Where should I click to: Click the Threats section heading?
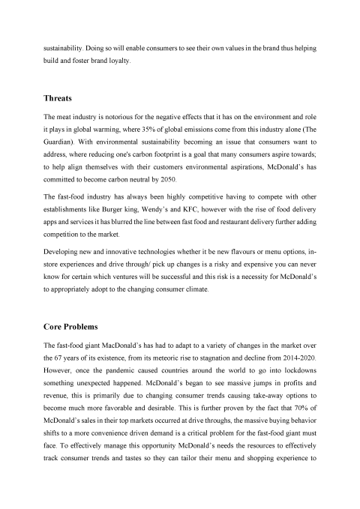[61, 97]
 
